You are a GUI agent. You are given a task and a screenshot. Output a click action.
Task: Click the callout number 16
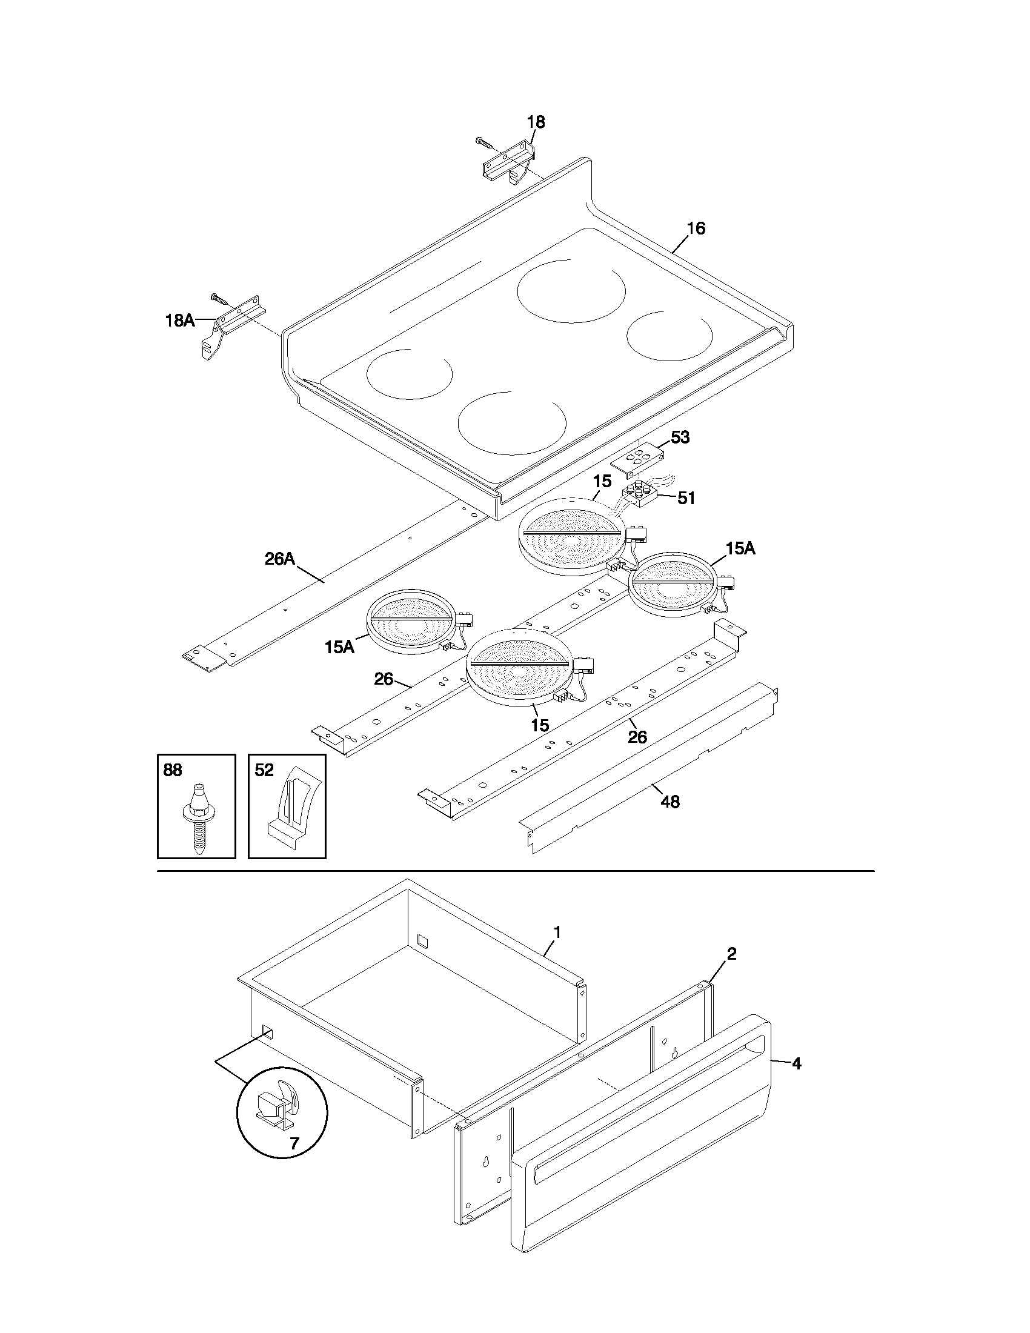pos(696,228)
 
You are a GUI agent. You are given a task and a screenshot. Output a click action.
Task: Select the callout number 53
pos(680,437)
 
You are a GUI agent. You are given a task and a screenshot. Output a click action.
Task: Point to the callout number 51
pos(686,499)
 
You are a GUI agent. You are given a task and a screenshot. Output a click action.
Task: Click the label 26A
pos(280,559)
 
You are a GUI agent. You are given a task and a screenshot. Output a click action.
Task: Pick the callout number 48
pos(670,802)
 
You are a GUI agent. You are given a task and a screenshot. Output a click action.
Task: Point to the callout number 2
pos(732,953)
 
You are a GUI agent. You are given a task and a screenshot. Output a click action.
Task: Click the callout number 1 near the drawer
pos(556,932)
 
